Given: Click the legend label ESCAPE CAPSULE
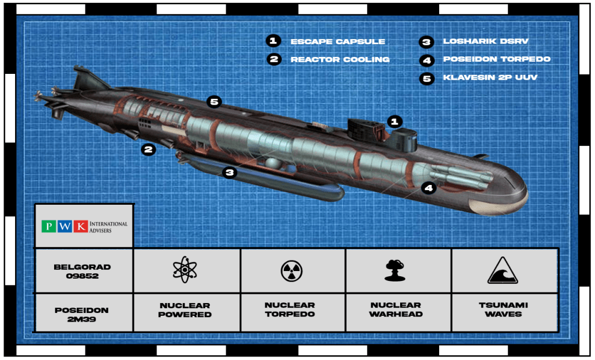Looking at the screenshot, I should [337, 42].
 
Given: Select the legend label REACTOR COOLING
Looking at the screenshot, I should [340, 59].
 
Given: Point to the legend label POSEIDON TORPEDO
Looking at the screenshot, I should [496, 59].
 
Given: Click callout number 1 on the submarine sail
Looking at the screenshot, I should [394, 122].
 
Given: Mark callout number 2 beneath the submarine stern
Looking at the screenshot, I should [149, 149].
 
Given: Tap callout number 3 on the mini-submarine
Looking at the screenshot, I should [230, 172].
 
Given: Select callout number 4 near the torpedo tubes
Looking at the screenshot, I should [428, 187].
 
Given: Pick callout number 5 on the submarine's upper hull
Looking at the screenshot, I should [215, 102].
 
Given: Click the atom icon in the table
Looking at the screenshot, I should [186, 270].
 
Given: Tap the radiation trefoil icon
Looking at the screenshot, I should [291, 270].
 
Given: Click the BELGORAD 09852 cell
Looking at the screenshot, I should [84, 271].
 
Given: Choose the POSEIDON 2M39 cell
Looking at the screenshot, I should [84, 313].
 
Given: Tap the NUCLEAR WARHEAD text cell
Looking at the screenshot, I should [396, 309].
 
